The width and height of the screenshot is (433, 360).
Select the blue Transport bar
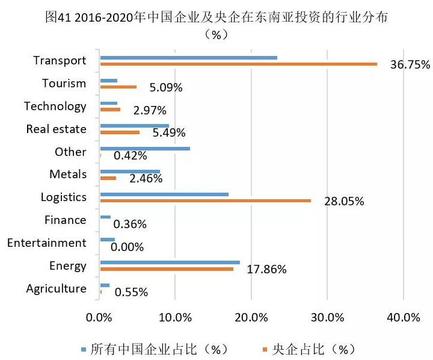pos(188,58)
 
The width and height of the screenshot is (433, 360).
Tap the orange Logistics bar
pos(205,200)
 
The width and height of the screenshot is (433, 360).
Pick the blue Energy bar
pos(170,262)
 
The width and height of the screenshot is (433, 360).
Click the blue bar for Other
pos(145,149)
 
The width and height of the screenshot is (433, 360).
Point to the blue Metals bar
pos(130,172)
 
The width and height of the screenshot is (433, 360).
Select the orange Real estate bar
pos(120,132)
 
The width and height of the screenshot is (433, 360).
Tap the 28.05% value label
pos(344,202)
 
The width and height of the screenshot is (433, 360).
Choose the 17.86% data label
pos(266,270)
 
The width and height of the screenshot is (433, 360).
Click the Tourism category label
pos(64,84)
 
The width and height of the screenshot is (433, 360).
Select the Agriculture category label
pos(57,289)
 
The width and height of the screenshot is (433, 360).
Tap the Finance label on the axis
pos(66,220)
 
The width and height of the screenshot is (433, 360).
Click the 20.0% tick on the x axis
pos(251,317)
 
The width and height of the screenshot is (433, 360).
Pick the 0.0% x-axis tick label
pos(100,317)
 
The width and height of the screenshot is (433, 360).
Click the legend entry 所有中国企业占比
pos(156,349)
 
